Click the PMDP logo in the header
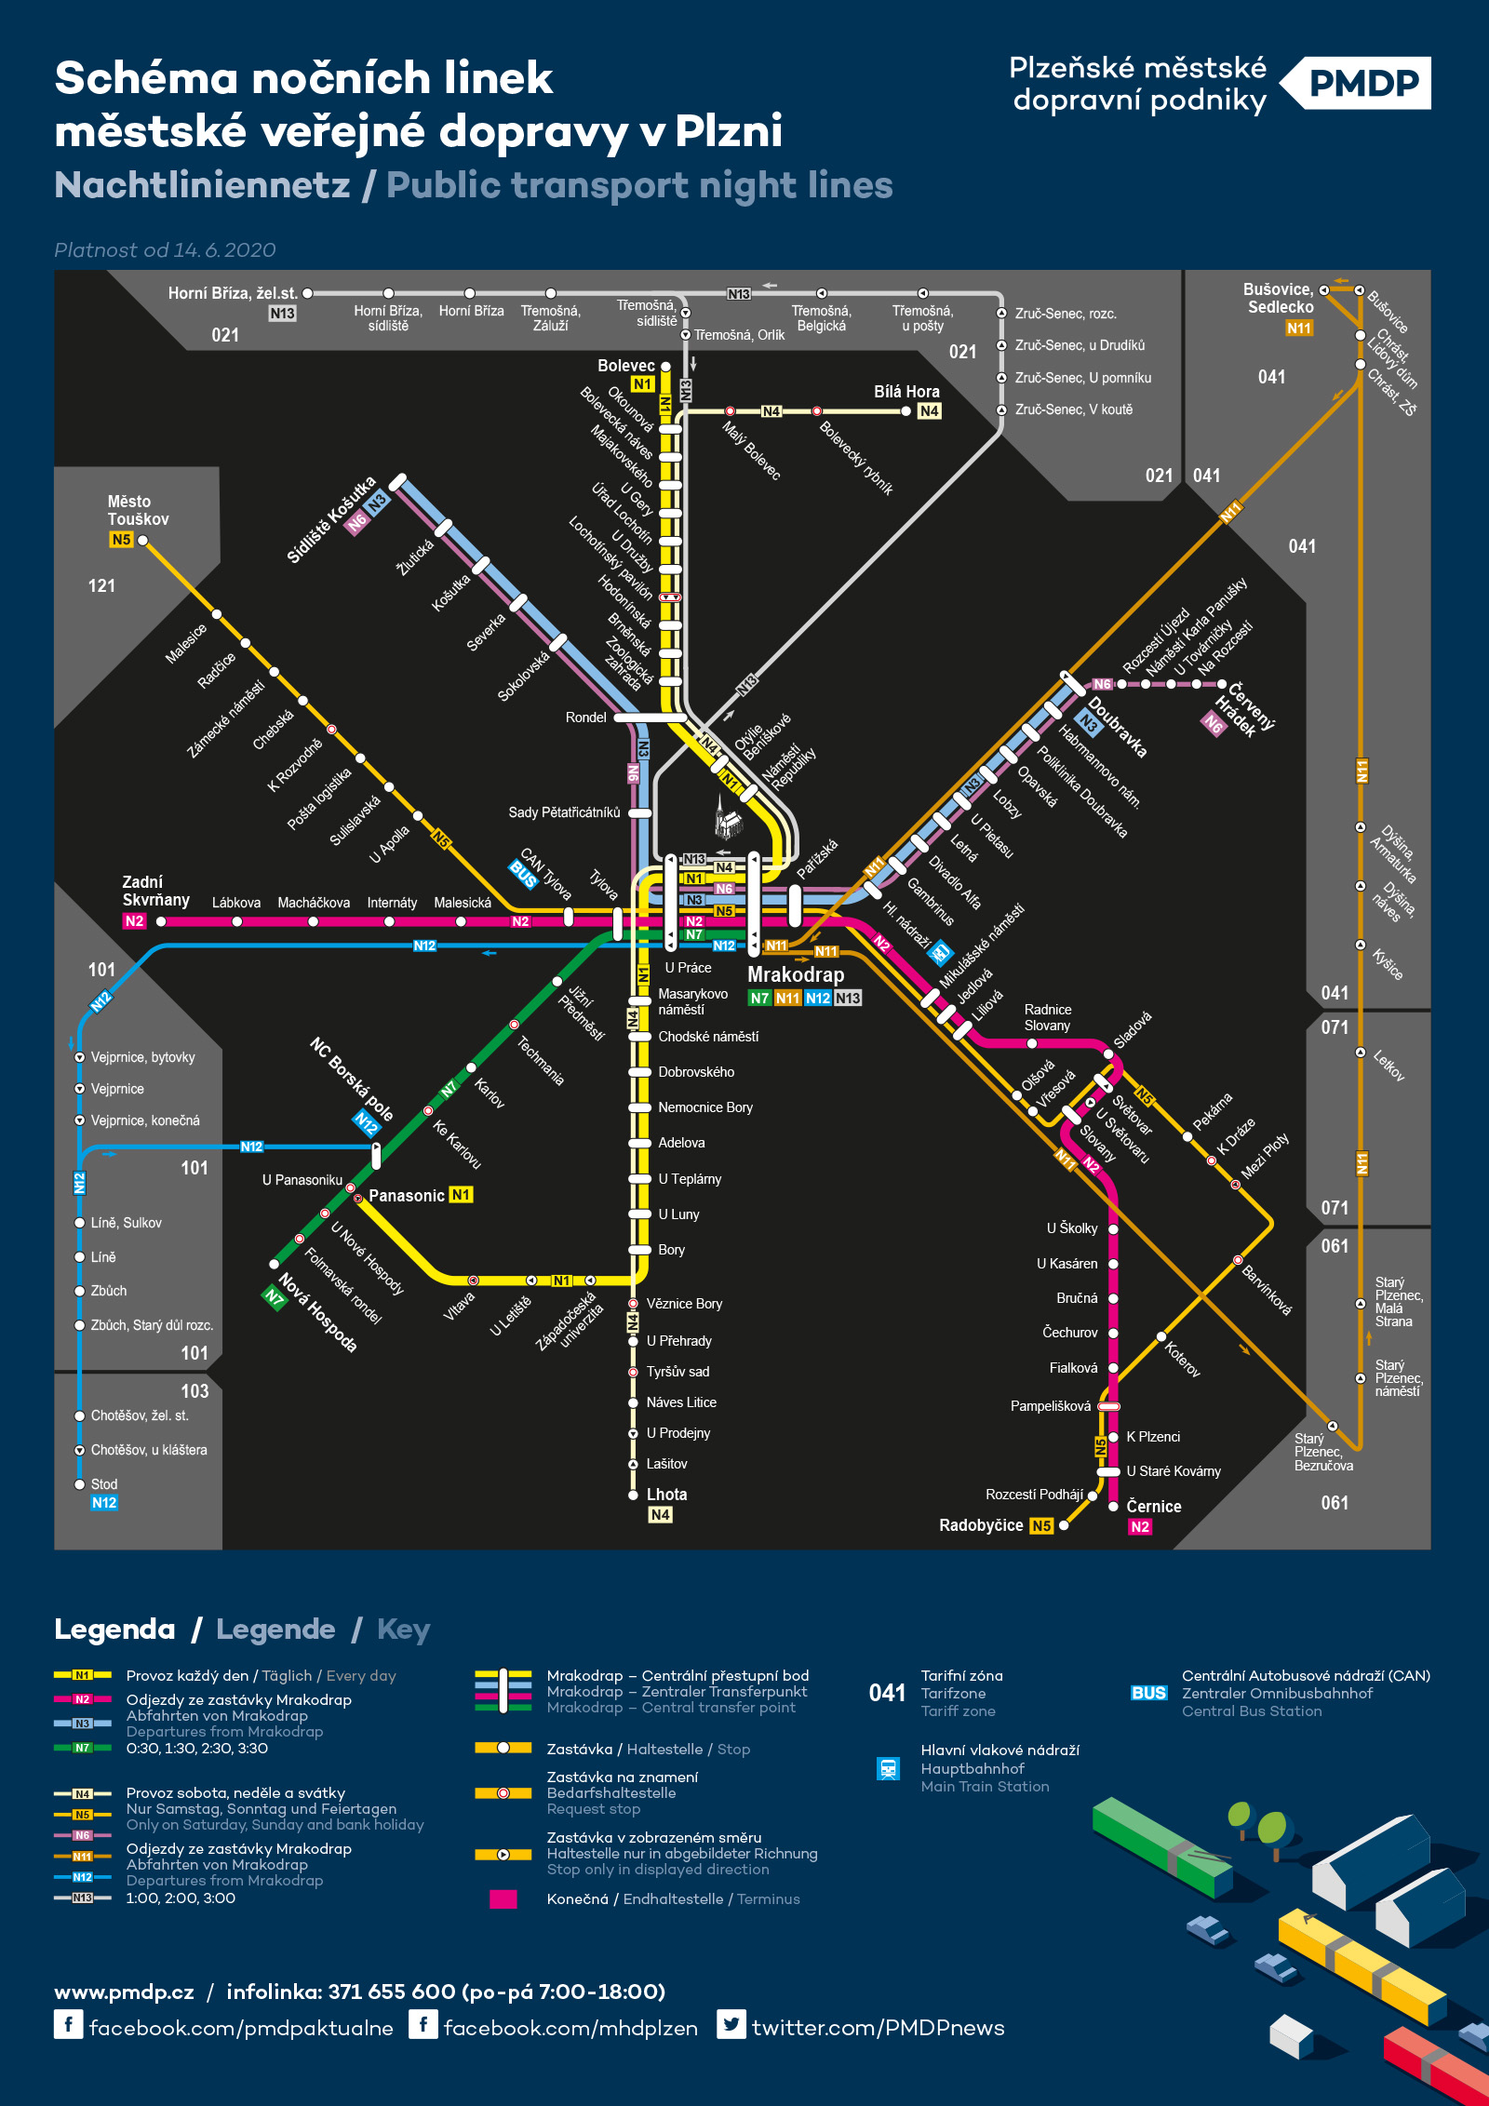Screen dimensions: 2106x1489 click(x=1362, y=84)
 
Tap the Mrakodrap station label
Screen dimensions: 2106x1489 click(x=796, y=974)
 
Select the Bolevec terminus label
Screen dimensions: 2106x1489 click(x=625, y=366)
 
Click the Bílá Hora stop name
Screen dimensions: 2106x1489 click(x=905, y=392)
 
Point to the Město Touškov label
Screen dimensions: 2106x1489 click(x=137, y=510)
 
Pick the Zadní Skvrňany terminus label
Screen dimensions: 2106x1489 click(x=155, y=891)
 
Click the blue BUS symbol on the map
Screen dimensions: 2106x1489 click(x=523, y=874)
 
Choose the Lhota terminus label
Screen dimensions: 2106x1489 click(x=666, y=1495)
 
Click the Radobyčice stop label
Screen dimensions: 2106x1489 click(x=980, y=1525)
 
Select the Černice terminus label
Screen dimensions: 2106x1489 click(x=1153, y=1506)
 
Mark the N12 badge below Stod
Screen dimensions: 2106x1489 click(x=104, y=1503)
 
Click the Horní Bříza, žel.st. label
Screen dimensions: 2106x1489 click(x=232, y=293)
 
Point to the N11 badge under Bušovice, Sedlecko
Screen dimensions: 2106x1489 click(x=1298, y=329)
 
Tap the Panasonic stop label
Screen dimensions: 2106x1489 click(x=406, y=1196)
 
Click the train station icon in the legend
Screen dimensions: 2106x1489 click(x=888, y=1768)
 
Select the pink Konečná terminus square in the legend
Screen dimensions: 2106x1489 click(x=503, y=1899)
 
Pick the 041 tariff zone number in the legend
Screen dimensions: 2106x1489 click(x=887, y=1693)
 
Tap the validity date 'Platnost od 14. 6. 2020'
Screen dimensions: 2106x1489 click(x=165, y=250)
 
